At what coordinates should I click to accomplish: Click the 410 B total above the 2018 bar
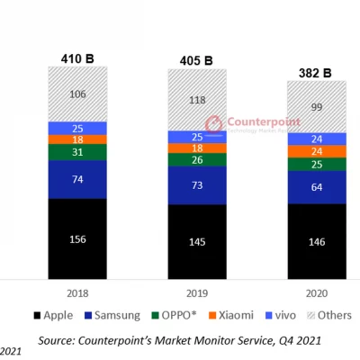point(77,58)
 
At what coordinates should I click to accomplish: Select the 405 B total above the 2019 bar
point(196,62)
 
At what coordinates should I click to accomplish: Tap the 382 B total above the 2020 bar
point(315,73)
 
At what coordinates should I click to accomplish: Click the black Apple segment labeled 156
point(77,239)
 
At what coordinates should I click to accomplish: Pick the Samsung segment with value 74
point(77,180)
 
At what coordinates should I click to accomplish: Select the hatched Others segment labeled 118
point(196,101)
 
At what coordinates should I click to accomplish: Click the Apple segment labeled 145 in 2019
point(196,243)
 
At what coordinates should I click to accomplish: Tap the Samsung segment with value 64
point(315,187)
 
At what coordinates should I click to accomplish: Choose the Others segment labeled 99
point(315,107)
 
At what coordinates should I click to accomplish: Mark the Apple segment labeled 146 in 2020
point(315,243)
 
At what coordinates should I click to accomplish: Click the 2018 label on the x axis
point(77,293)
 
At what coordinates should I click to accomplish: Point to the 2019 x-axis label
point(196,293)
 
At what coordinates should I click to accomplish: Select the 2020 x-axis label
point(315,293)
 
